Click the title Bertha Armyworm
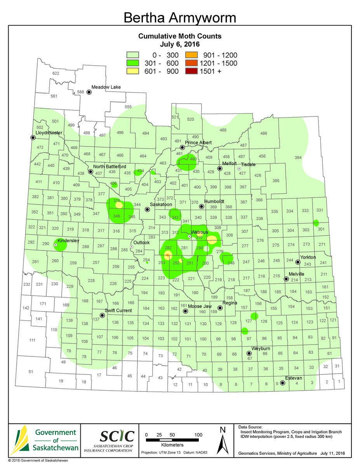coord(179,17)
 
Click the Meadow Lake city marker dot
coord(89,92)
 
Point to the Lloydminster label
coord(49,133)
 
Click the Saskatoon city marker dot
coord(148,209)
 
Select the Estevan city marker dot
coord(283,383)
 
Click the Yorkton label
coord(308,257)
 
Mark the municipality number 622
coord(56,73)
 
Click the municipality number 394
coord(298,158)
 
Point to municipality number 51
coord(31,372)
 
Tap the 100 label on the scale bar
coord(198,435)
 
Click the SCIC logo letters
coord(117,436)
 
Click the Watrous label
coord(200,232)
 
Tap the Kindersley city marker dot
coord(56,245)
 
